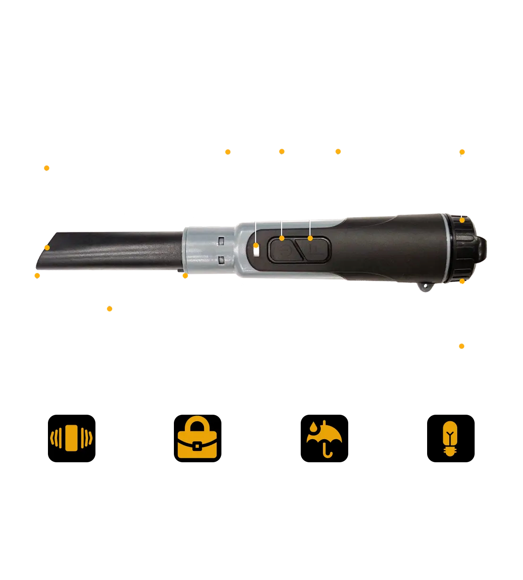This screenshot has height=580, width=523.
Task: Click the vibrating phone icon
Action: (x=71, y=438)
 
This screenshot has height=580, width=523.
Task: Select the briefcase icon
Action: (x=197, y=438)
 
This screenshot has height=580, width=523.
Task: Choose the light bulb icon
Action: (x=450, y=438)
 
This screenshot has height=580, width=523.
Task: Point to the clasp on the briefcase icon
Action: (x=197, y=446)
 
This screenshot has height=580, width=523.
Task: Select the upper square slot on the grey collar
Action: (x=221, y=240)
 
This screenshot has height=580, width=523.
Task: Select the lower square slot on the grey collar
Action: (x=221, y=261)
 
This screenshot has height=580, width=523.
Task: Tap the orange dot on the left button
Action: (x=282, y=238)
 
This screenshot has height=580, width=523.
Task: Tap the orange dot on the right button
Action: (x=310, y=238)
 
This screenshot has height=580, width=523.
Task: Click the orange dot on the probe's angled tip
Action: (x=47, y=248)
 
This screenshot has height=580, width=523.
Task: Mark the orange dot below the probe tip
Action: (x=38, y=276)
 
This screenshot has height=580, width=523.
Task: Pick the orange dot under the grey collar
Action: (x=185, y=276)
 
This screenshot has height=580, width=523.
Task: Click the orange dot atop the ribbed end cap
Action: (x=462, y=220)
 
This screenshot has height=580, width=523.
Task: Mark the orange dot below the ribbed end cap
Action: (x=463, y=282)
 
